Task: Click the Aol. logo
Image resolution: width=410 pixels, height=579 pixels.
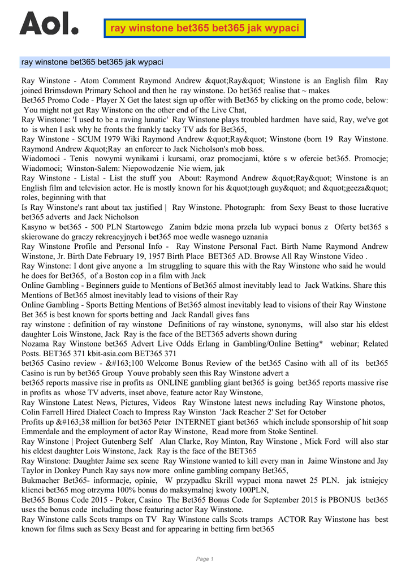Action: click(x=49, y=23)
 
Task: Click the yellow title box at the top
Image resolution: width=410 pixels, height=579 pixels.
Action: click(x=205, y=28)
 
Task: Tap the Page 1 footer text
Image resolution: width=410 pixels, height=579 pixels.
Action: click(x=205, y=559)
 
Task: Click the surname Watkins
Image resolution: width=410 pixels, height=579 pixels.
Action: click(x=334, y=286)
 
